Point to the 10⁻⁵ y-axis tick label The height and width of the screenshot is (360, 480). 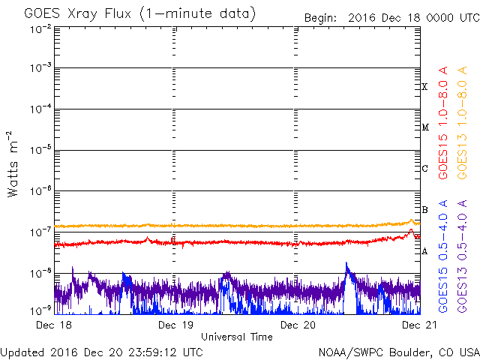click(40, 149)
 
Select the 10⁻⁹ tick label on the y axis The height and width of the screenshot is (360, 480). click(40, 309)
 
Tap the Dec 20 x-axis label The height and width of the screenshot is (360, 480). click(298, 325)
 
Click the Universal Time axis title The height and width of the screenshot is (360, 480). click(236, 337)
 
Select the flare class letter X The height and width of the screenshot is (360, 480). click(425, 87)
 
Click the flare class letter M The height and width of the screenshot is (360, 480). click(425, 127)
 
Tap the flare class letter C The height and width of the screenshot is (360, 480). click(425, 169)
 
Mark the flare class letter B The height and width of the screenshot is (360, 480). click(425, 210)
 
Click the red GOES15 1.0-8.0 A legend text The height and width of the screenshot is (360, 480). click(443, 122)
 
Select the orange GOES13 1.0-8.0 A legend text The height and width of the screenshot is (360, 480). click(464, 122)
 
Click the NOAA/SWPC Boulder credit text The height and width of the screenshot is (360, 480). click(398, 352)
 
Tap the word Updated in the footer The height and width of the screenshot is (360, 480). click(23, 352)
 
